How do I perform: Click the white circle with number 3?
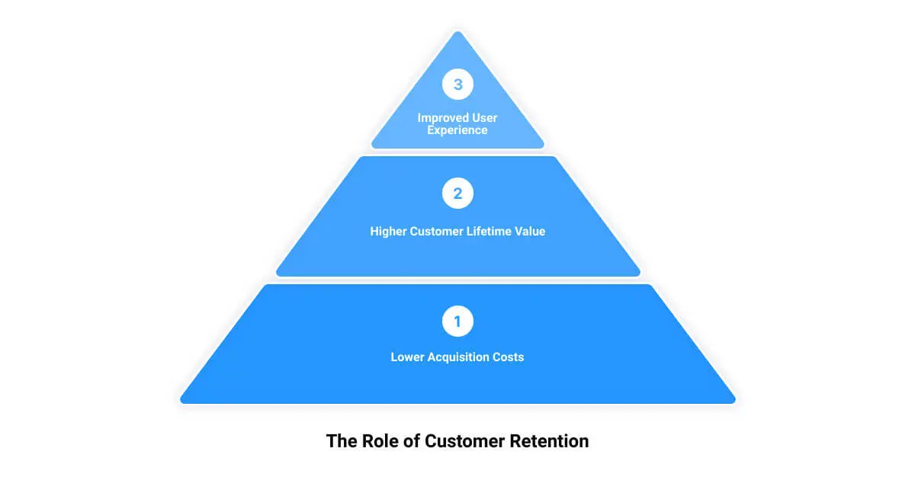[457, 85]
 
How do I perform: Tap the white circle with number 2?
[457, 194]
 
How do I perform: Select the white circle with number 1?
[457, 322]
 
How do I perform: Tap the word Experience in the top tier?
[457, 130]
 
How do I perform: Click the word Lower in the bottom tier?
[408, 357]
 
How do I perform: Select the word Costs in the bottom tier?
[509, 357]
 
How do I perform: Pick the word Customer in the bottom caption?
[461, 441]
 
